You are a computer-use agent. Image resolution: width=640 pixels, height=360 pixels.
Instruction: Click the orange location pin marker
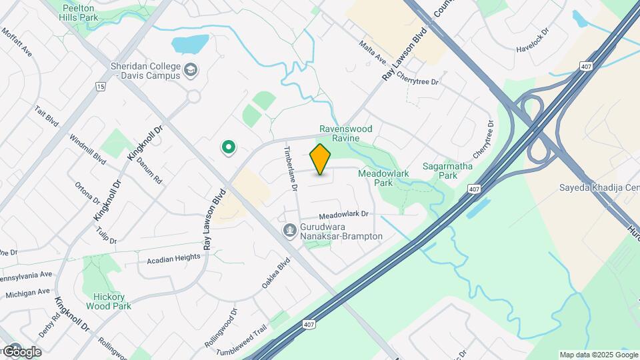click(x=321, y=159)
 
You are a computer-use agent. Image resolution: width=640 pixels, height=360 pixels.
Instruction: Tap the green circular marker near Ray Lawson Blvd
click(x=229, y=147)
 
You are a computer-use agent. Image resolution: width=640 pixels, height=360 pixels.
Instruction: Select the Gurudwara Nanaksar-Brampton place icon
click(x=290, y=231)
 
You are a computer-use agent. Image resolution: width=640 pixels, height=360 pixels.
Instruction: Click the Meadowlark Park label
click(x=383, y=177)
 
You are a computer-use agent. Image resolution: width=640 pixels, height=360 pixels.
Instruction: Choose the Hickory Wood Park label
click(x=108, y=301)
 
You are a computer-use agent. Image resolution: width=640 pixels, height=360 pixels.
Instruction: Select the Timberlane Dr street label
click(x=291, y=168)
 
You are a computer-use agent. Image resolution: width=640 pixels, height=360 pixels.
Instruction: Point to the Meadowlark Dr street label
click(x=343, y=215)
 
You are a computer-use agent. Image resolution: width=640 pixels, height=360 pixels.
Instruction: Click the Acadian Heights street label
click(x=173, y=257)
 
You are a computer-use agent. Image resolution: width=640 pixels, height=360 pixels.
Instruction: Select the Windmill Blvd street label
click(x=91, y=153)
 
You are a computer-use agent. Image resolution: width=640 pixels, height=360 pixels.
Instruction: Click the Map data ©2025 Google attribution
click(x=598, y=355)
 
